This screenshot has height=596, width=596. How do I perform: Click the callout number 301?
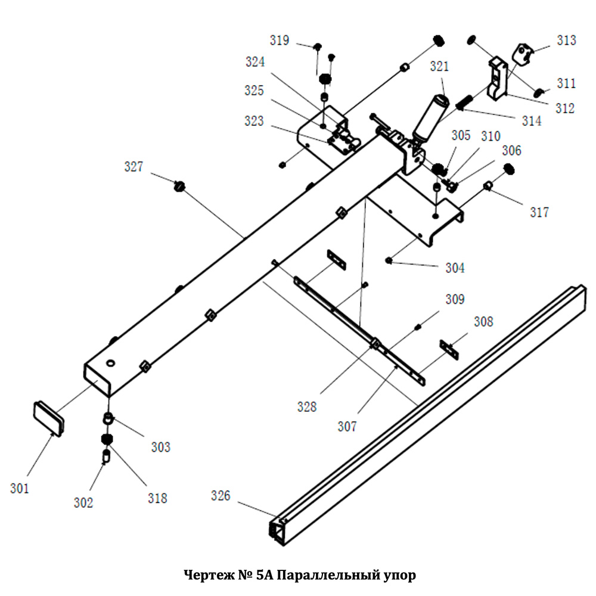pos(19,489)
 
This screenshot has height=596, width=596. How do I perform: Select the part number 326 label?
pos(221,496)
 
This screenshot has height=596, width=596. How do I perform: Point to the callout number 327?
pos(134,167)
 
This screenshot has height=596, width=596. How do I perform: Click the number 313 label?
pos(566,41)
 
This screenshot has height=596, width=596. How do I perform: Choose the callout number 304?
pos(455,268)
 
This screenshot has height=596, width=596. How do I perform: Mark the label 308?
pos(483,322)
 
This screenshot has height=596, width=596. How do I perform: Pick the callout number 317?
pos(539,212)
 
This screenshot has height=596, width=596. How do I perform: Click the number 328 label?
pos(307,407)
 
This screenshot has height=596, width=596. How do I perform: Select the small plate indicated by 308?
pos(449,349)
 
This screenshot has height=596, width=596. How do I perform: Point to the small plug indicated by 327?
pos(179,187)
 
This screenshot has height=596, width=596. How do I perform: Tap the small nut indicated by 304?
pos(389,260)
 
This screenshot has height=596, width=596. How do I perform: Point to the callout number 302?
pos(83,502)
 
